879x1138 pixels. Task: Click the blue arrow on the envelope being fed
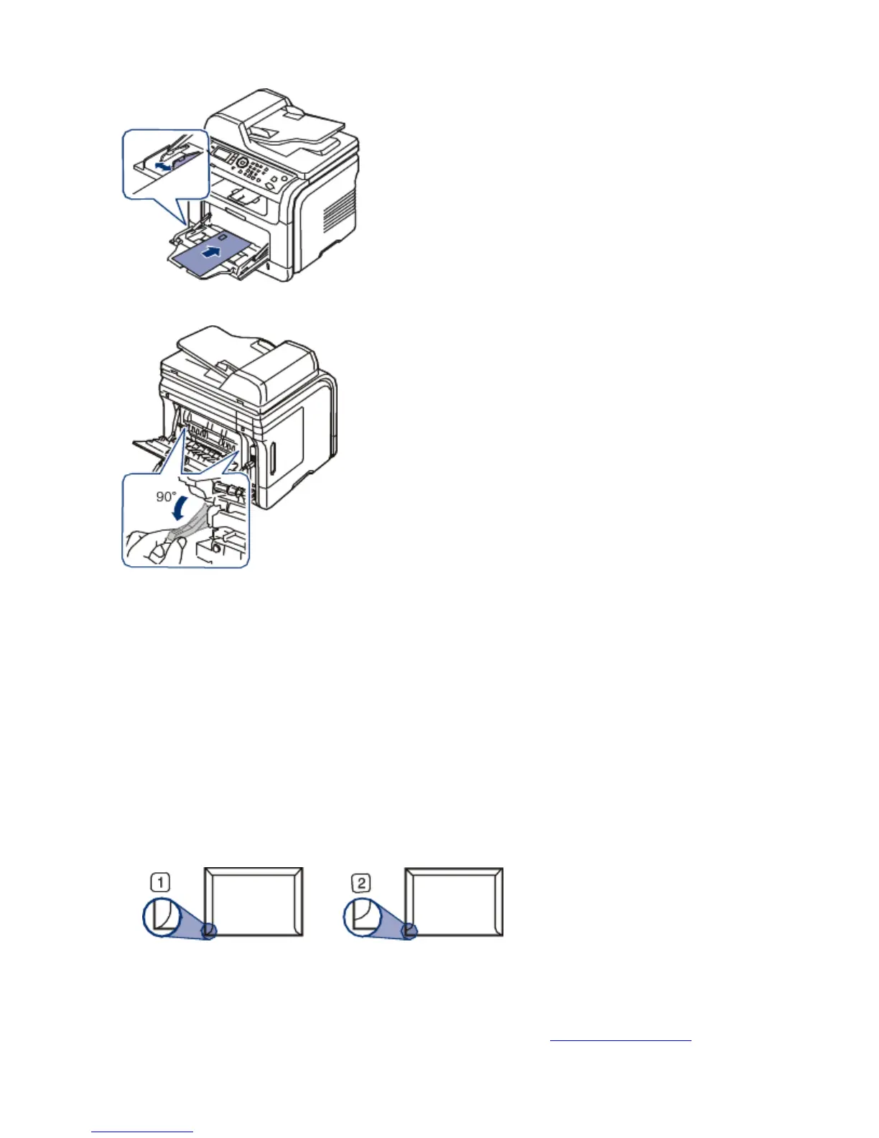(211, 252)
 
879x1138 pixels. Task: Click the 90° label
(166, 496)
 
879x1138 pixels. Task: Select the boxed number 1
(161, 882)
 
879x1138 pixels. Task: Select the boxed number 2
(361, 882)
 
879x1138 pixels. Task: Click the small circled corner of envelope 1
(208, 931)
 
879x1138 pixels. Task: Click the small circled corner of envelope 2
(409, 931)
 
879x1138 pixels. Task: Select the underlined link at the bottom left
(142, 1132)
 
